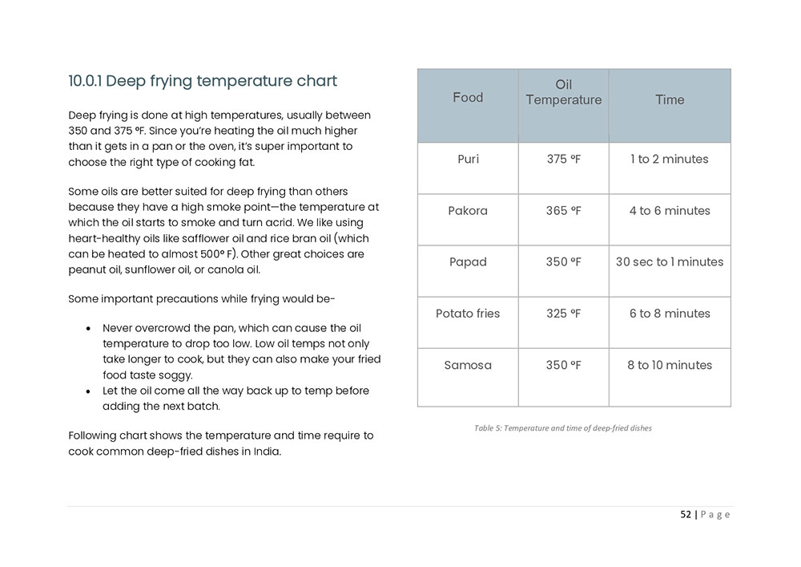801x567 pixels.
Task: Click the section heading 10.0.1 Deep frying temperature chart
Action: click(203, 81)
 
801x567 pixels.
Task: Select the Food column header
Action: click(468, 98)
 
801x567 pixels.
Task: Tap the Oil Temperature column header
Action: click(563, 92)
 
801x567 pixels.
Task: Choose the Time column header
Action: click(670, 99)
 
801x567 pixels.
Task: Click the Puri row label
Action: click(468, 159)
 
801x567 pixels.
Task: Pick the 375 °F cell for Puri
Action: click(563, 159)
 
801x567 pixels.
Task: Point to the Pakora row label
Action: click(468, 211)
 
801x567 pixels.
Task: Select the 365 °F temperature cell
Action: click(563, 211)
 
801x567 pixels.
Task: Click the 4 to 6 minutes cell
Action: click(670, 211)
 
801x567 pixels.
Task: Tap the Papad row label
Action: click(468, 262)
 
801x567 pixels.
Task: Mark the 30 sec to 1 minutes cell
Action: click(670, 262)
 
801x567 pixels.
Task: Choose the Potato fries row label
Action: click(468, 314)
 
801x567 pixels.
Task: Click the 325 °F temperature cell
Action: click(563, 314)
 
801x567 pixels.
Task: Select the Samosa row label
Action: click(468, 365)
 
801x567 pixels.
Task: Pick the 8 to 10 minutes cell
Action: click(670, 365)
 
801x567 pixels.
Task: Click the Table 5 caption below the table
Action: click(562, 428)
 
